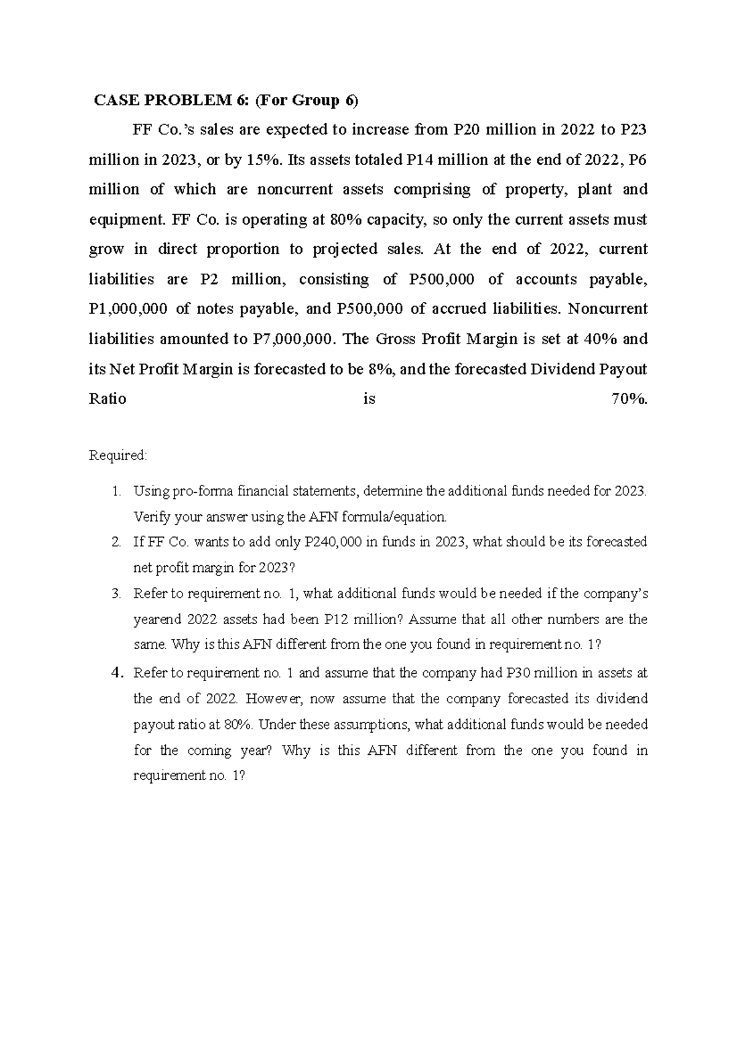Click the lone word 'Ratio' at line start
(107, 399)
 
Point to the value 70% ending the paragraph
(629, 399)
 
